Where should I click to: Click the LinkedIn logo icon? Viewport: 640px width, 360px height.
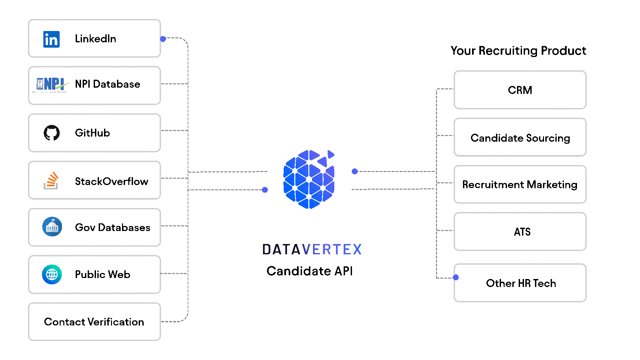51,39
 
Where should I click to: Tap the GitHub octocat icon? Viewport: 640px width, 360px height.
52,133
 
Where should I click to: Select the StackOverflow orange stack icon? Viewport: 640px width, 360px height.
51,181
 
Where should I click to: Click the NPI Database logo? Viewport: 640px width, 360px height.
51,85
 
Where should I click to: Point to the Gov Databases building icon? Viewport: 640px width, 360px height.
52,227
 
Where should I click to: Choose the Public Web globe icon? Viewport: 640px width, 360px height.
52,274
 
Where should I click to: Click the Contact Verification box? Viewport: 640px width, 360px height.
94,322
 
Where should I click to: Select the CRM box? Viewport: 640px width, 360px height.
520,90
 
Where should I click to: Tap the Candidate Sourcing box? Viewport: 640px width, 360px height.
520,138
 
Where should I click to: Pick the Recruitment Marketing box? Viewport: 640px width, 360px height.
520,184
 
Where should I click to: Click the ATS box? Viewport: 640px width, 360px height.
520,232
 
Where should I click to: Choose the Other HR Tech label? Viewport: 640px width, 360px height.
521,283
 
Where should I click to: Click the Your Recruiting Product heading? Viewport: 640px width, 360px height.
518,51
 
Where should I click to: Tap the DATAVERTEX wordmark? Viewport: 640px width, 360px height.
312,249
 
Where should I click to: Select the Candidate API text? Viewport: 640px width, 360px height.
309,271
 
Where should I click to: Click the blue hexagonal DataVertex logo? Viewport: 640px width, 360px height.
309,180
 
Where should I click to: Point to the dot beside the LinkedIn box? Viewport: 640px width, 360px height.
163,39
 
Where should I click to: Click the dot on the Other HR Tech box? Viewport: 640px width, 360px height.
456,277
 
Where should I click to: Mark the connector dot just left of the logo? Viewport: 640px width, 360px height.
265,190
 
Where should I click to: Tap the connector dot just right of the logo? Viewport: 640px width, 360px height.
355,171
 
